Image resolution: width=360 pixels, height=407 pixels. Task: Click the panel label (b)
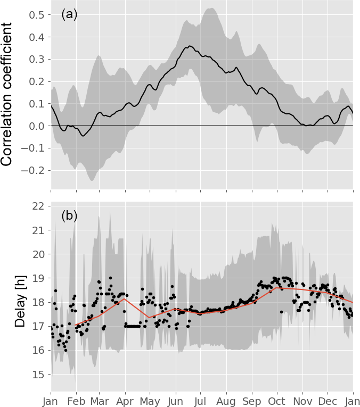(x=70, y=215)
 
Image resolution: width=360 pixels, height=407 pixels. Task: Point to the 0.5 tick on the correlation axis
(x=36, y=14)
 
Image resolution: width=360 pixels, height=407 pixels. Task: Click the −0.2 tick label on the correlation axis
(x=33, y=170)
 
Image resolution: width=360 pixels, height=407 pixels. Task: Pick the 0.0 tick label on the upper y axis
(x=36, y=126)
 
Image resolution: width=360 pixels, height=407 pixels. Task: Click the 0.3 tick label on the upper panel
(x=36, y=59)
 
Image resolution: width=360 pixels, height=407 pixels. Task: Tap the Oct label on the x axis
(x=277, y=398)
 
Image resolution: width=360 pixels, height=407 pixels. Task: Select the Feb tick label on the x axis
(x=76, y=398)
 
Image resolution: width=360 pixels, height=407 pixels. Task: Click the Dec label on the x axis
(x=328, y=398)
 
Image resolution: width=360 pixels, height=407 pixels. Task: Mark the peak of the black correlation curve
(x=190, y=46)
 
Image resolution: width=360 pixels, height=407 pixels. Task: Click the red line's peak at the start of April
(x=125, y=299)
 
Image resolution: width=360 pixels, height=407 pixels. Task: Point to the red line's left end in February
(x=76, y=325)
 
